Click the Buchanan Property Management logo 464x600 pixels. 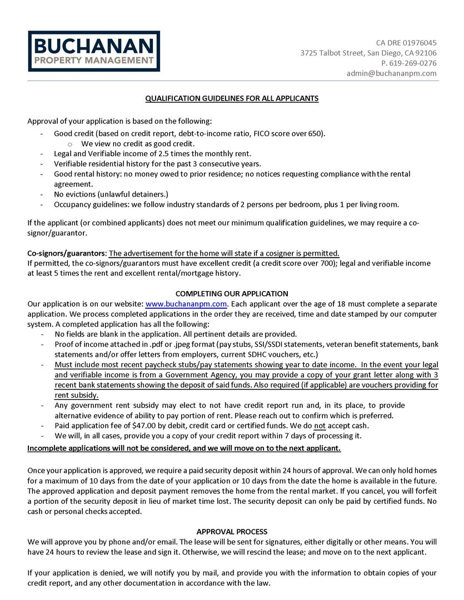94,51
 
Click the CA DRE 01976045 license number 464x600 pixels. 406,43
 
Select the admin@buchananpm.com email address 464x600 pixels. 391,73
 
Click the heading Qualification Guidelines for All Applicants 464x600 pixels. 232,98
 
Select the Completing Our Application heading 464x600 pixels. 232,293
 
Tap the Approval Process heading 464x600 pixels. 232,532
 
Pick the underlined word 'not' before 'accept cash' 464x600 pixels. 320,426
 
